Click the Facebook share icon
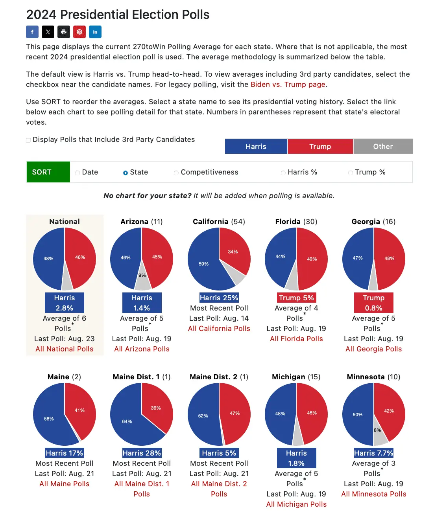tap(32, 32)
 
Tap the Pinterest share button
tap(79, 32)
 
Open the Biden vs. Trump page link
tap(288, 85)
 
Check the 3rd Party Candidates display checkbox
tap(28, 140)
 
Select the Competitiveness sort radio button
tap(176, 173)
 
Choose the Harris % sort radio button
tap(283, 173)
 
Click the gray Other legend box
tap(383, 147)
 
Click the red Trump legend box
tap(320, 147)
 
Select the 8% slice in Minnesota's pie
tap(379, 432)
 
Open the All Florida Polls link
tap(296, 339)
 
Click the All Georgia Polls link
tap(373, 349)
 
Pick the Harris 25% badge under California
tap(219, 298)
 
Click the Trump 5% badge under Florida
tap(296, 298)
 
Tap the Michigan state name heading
tap(288, 377)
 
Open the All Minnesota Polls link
tap(373, 494)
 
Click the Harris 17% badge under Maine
tap(65, 453)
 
